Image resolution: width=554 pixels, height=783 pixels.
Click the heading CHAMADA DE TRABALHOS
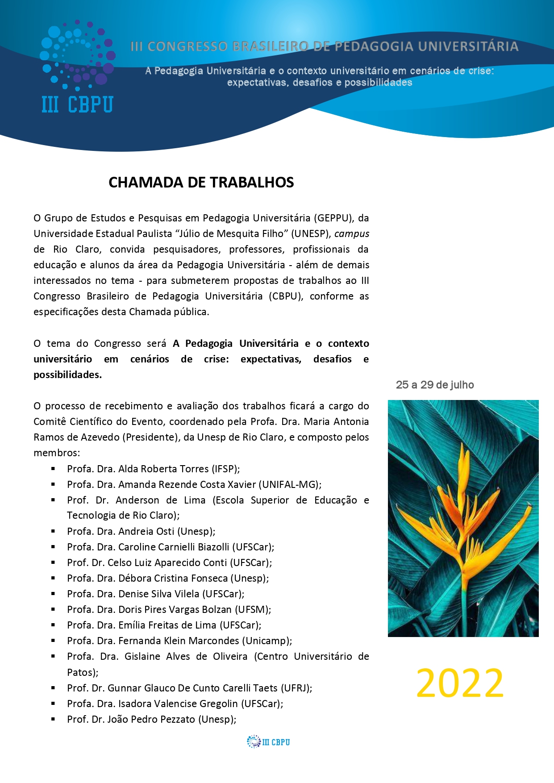[201, 183]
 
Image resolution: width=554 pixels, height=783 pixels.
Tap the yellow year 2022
[459, 683]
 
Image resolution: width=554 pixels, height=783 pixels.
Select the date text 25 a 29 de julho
[434, 385]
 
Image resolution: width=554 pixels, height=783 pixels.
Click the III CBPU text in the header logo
[77, 105]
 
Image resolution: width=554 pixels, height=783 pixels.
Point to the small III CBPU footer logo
[268, 742]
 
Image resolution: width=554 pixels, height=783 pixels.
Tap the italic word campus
[352, 233]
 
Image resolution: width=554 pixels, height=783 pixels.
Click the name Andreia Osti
[146, 531]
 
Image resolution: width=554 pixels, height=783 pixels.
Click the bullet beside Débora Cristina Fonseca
[53, 578]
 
